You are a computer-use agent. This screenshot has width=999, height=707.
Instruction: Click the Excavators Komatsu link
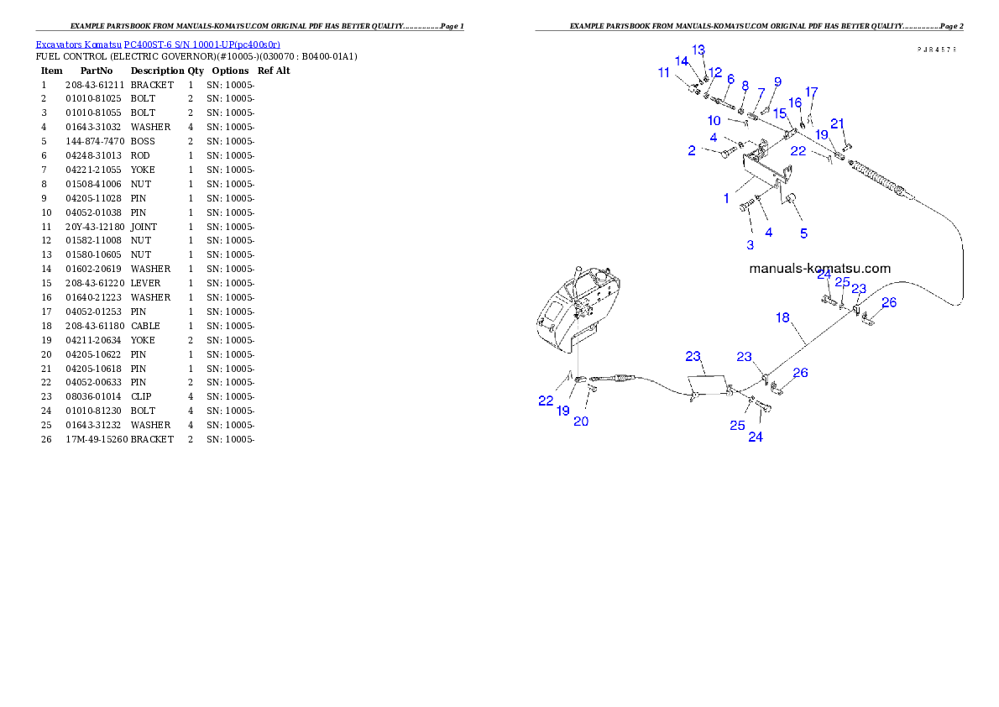[78, 45]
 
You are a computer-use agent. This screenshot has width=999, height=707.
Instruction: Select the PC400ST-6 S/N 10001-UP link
[202, 45]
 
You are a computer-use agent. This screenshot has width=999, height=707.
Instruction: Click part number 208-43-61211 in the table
[95, 85]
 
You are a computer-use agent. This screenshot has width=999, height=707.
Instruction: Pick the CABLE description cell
[145, 326]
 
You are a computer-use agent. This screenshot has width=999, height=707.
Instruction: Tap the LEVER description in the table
[145, 283]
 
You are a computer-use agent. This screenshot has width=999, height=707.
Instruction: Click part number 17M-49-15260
[97, 439]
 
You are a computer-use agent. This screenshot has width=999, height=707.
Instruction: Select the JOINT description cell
[144, 227]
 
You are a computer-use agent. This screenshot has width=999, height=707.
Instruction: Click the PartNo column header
[97, 71]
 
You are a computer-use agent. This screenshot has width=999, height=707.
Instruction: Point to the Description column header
[157, 71]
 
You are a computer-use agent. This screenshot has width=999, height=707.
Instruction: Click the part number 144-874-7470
[95, 142]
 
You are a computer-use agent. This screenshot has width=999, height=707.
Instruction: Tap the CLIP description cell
[141, 396]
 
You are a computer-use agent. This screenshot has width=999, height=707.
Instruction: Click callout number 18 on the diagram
[782, 317]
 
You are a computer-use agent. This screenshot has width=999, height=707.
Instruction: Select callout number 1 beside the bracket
[725, 198]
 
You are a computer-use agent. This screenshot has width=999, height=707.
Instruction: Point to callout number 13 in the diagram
[698, 50]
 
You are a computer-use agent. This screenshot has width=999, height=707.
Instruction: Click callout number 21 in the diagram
[837, 123]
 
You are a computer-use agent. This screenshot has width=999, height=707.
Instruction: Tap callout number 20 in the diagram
[580, 422]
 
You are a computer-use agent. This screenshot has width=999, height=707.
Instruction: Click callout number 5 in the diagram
[803, 233]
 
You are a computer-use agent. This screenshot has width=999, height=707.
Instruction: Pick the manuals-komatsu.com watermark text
[820, 269]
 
